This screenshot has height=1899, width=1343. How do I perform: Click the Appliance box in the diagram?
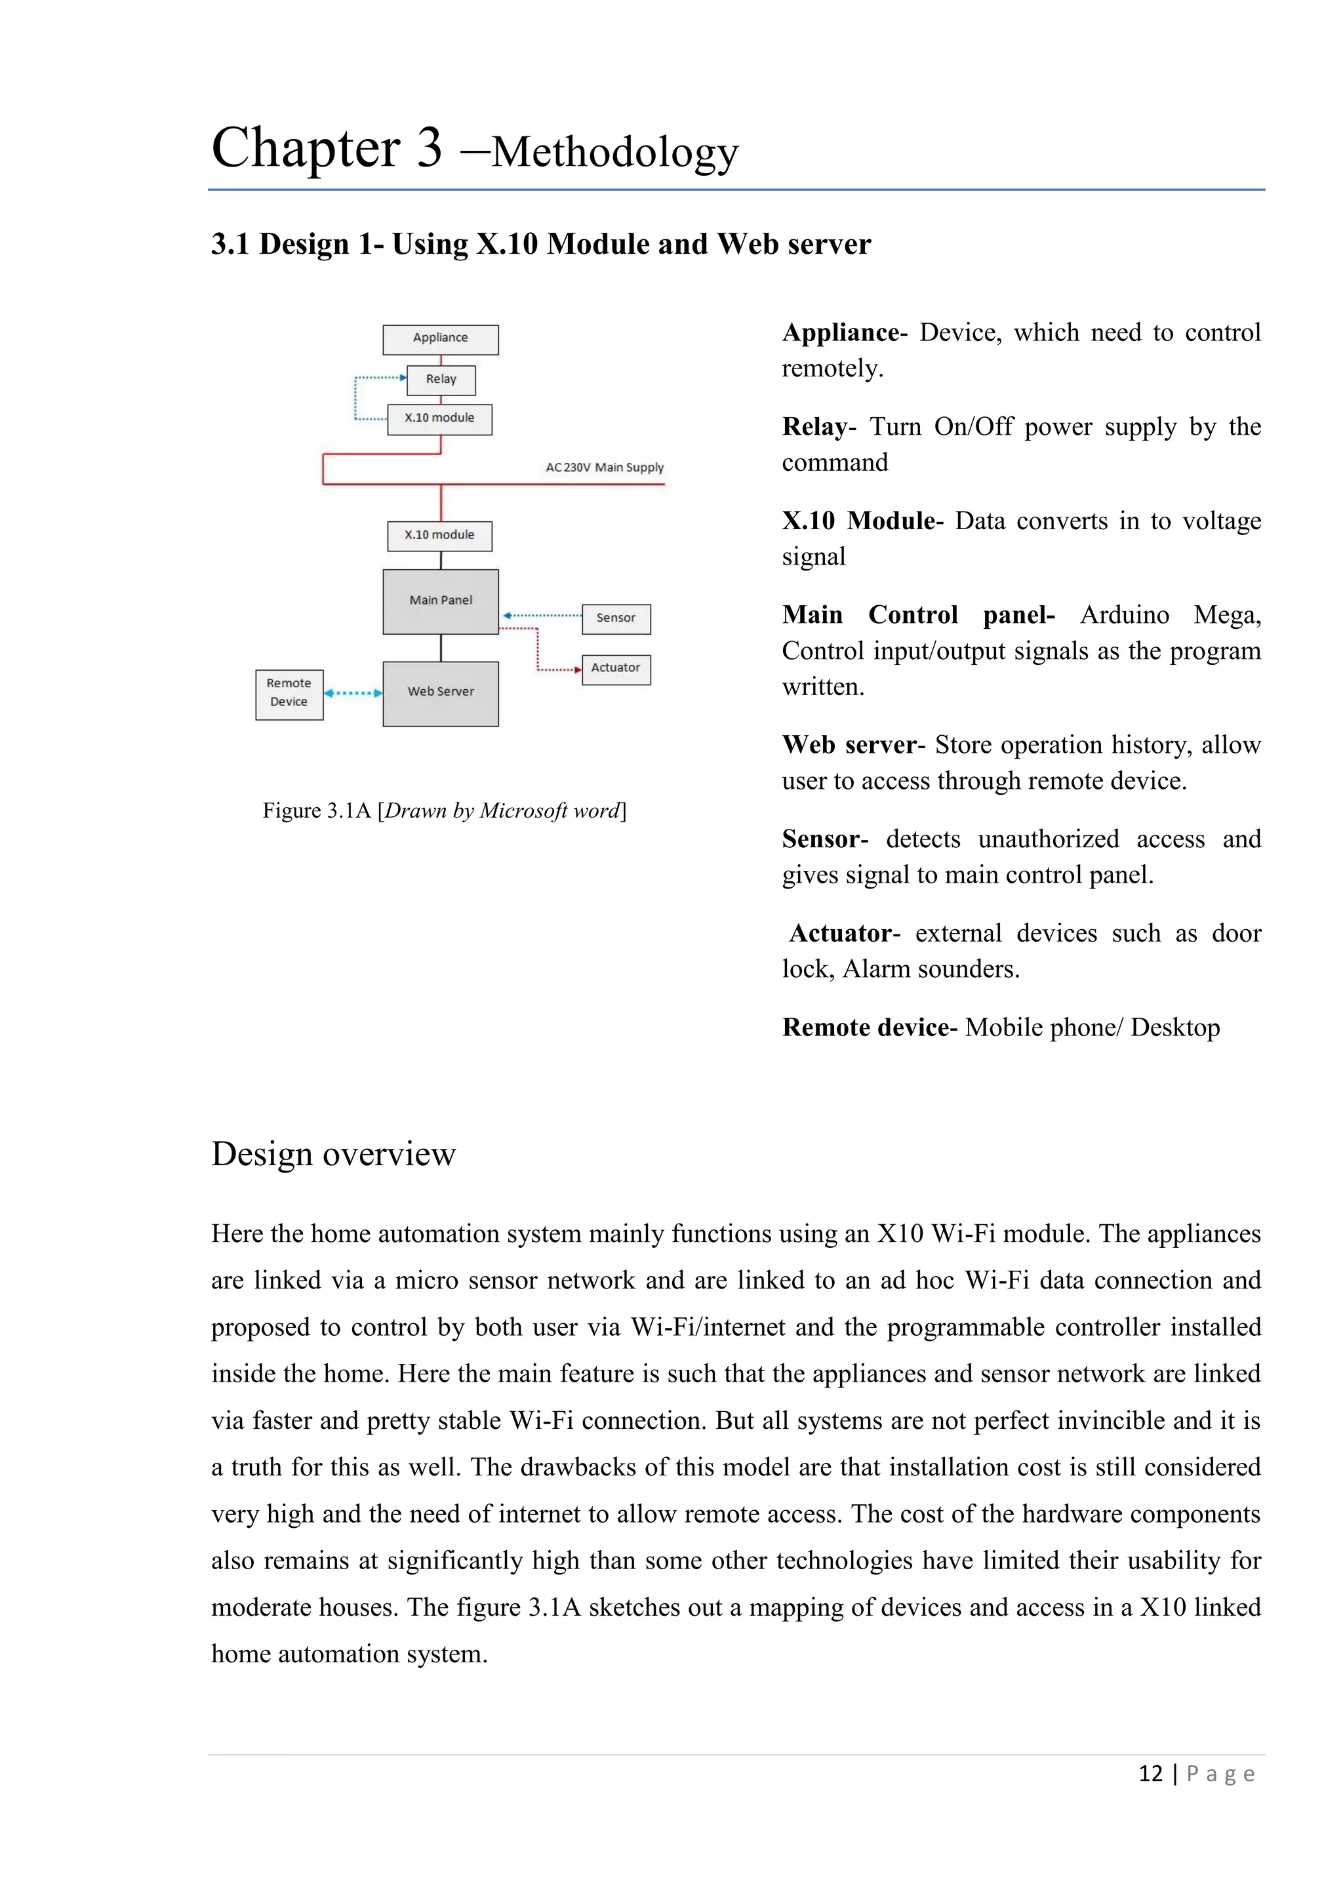440,339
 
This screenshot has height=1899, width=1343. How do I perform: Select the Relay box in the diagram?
441,380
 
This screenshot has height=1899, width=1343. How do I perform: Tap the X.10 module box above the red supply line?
439,418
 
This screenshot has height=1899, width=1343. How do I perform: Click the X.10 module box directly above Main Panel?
439,535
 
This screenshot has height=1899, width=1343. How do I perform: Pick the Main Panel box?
440,601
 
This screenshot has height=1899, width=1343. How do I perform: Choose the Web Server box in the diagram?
440,693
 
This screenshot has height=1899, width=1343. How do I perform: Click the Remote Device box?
289,694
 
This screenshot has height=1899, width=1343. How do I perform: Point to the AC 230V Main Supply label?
604,468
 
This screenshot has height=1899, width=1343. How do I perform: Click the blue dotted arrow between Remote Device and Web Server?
353,693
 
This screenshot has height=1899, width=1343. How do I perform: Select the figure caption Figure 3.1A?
444,810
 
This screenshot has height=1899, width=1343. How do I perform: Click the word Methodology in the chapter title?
614,152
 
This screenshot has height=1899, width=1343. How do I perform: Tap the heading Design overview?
333,1154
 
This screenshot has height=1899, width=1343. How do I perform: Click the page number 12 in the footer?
1150,1773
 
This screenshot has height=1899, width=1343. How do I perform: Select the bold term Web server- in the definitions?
852,745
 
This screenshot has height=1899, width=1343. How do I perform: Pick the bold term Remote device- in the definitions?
869,1028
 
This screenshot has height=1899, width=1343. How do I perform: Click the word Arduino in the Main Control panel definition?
1124,614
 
